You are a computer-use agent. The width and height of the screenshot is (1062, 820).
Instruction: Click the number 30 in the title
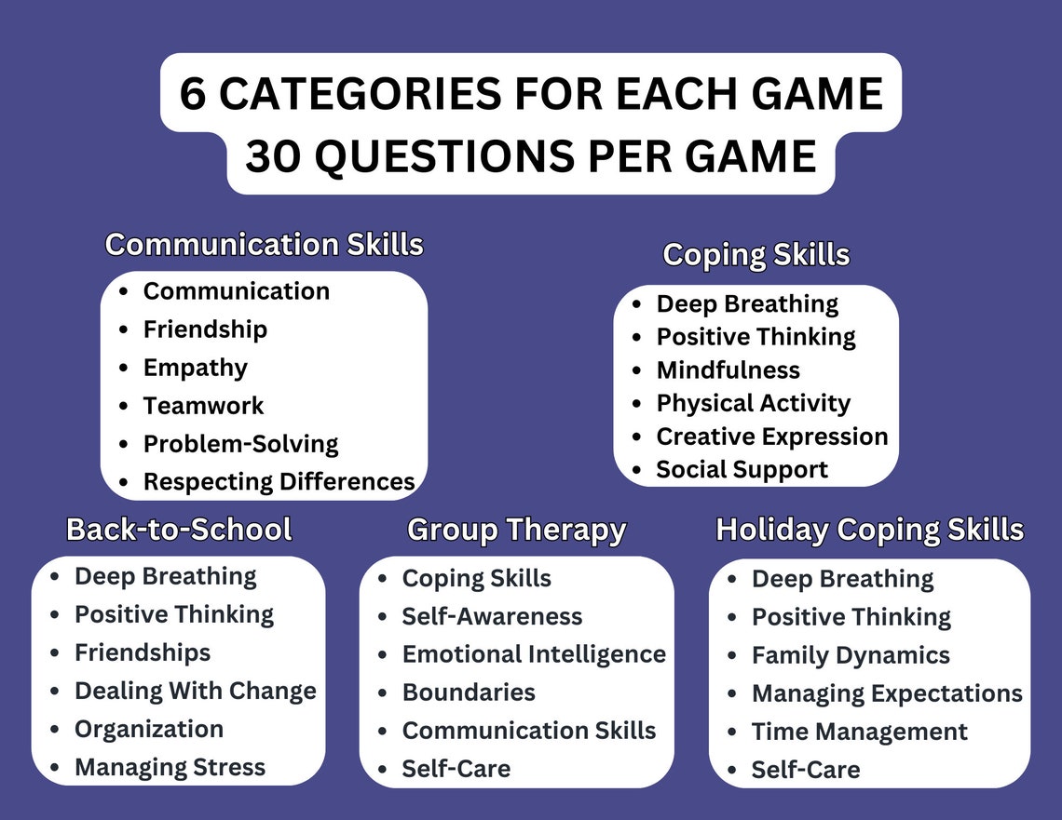pyautogui.click(x=274, y=155)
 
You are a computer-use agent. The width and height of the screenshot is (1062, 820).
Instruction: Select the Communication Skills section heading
pyautogui.click(x=265, y=245)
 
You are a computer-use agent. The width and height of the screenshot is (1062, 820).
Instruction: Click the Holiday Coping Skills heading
pyautogui.click(x=869, y=530)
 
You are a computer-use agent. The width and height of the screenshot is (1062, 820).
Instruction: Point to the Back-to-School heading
pyautogui.click(x=179, y=530)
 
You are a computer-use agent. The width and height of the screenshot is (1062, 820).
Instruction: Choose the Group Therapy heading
pyautogui.click(x=516, y=530)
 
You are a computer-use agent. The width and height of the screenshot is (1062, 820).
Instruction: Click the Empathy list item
pyautogui.click(x=196, y=368)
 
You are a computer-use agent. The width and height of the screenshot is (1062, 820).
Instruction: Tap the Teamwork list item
pyautogui.click(x=203, y=406)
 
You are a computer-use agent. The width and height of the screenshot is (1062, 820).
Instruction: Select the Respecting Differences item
pyautogui.click(x=279, y=482)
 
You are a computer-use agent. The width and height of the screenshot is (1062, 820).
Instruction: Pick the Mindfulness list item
pyautogui.click(x=728, y=370)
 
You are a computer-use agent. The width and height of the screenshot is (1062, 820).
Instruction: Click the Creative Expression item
pyautogui.click(x=771, y=437)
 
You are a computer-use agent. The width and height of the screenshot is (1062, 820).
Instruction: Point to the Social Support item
pyautogui.click(x=742, y=470)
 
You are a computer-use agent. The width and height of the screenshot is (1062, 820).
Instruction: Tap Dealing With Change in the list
pyautogui.click(x=196, y=692)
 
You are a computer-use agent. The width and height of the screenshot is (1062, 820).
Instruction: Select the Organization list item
pyautogui.click(x=149, y=730)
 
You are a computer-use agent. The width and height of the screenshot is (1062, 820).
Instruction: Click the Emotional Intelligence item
pyautogui.click(x=534, y=654)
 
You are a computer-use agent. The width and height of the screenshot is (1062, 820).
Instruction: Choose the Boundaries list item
pyautogui.click(x=469, y=692)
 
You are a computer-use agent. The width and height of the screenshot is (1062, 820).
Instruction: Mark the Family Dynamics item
pyautogui.click(x=851, y=655)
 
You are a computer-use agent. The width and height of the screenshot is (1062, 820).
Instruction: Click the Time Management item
pyautogui.click(x=859, y=732)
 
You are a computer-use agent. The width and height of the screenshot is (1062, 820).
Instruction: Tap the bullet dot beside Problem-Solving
pyautogui.click(x=124, y=445)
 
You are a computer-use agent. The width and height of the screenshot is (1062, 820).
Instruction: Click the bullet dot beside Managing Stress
pyautogui.click(x=56, y=769)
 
